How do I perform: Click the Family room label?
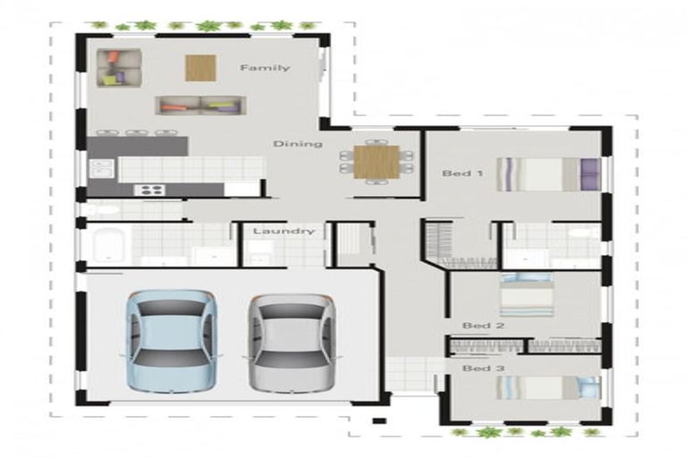coord(265,67)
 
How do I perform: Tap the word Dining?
coord(298,144)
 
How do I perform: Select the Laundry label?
coord(284,231)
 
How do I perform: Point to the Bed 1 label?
coord(462,174)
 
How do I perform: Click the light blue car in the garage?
coord(172,342)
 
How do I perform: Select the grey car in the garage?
coord(293,343)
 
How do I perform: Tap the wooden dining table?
coord(377,162)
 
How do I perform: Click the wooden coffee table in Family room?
coord(200,68)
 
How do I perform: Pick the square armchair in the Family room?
coord(119,68)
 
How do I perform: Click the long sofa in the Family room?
coord(200,106)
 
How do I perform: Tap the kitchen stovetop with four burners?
coord(149,190)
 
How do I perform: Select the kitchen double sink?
coord(102,168)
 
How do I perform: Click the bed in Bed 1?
coord(548,174)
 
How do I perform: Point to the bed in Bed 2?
coord(527,294)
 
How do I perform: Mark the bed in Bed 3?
coord(548,387)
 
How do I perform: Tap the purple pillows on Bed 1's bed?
coord(590,174)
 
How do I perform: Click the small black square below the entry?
coord(379,421)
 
